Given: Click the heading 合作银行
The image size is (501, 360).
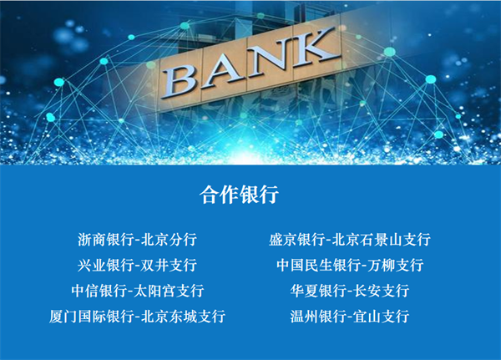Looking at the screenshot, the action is (x=239, y=195).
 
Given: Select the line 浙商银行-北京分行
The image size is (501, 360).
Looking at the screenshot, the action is (x=137, y=240).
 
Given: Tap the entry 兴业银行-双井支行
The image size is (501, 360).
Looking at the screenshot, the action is (x=137, y=265).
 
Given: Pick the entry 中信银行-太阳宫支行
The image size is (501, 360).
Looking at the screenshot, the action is (x=138, y=291).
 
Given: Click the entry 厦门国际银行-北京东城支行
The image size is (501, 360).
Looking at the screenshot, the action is (x=138, y=317).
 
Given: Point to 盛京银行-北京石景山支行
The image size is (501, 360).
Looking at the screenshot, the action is (x=350, y=240).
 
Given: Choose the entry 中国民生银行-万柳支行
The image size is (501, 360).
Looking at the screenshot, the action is (x=350, y=265).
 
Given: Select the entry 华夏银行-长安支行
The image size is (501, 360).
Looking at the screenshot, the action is (x=350, y=291).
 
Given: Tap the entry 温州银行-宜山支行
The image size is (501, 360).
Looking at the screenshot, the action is (x=350, y=317).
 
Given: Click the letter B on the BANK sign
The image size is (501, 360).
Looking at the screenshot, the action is (x=180, y=81).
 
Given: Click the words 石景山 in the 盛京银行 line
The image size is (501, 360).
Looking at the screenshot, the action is (x=381, y=240).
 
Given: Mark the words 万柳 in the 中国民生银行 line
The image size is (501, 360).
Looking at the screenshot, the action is (x=381, y=265).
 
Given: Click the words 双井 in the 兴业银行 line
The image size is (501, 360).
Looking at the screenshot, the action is (x=154, y=265).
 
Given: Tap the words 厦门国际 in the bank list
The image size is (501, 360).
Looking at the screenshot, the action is (x=78, y=317).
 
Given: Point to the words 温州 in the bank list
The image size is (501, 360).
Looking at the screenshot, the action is (x=304, y=317).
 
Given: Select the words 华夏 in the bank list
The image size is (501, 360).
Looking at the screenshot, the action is (x=304, y=291).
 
